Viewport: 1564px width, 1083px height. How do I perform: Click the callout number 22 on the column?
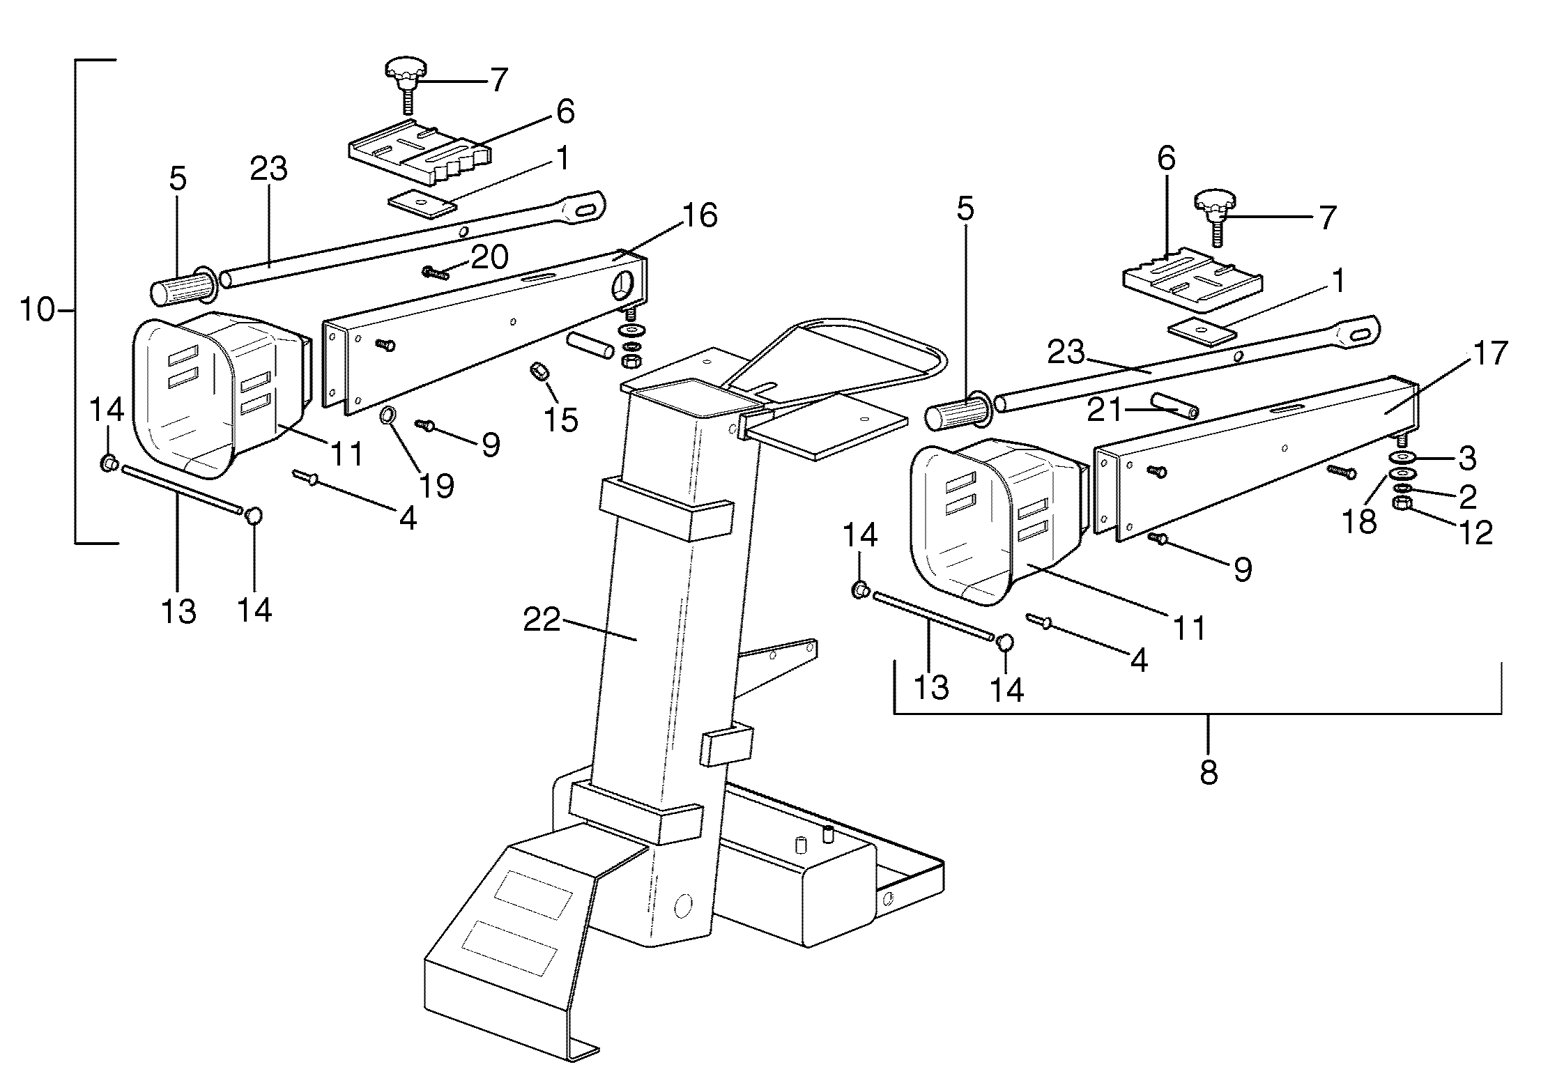(542, 620)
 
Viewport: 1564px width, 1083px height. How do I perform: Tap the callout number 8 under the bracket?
(1208, 772)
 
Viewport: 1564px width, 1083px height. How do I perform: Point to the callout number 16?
(699, 215)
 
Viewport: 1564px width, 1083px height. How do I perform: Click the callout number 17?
(1490, 354)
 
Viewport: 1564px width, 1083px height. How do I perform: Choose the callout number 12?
(1475, 533)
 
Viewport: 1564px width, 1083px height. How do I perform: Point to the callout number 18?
(1359, 521)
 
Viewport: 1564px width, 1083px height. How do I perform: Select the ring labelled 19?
(388, 417)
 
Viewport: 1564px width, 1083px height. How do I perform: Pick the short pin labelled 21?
(1174, 406)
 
